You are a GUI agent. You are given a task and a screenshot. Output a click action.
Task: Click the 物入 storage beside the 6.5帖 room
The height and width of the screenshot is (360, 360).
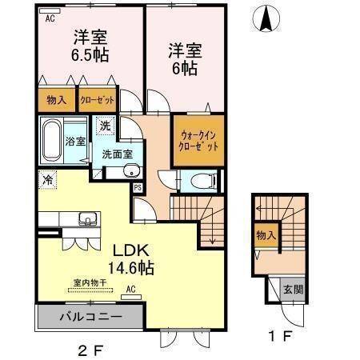pyautogui.click(x=55, y=101)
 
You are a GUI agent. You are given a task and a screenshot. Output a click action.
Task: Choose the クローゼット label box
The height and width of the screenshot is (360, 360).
pyautogui.click(x=96, y=101)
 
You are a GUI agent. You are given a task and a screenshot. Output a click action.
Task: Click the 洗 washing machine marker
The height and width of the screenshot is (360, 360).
pyautogui.click(x=106, y=126)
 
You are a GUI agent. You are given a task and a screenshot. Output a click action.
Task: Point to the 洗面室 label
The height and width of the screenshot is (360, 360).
pyautogui.click(x=116, y=153)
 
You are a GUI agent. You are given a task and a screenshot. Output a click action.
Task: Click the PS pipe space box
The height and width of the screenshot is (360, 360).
pyautogui.click(x=138, y=188)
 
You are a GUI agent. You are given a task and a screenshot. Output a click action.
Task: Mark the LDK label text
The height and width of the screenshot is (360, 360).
pyautogui.click(x=126, y=248)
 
